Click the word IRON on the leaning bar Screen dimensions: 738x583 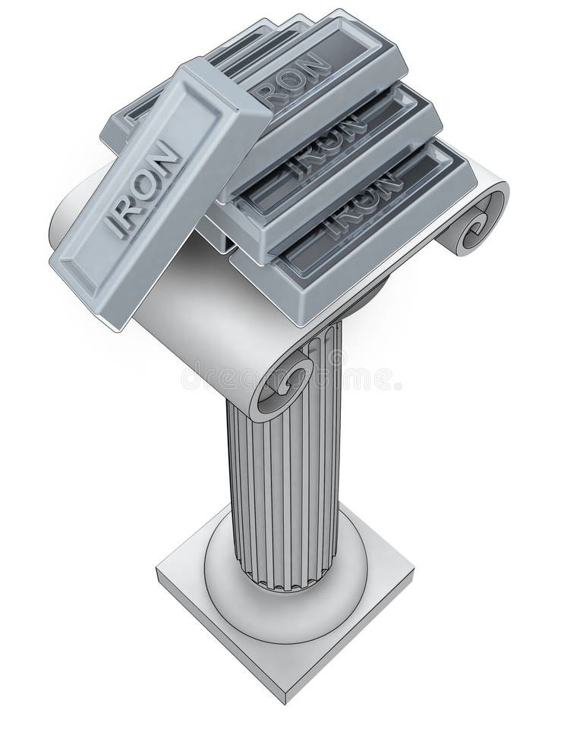[144, 190]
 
